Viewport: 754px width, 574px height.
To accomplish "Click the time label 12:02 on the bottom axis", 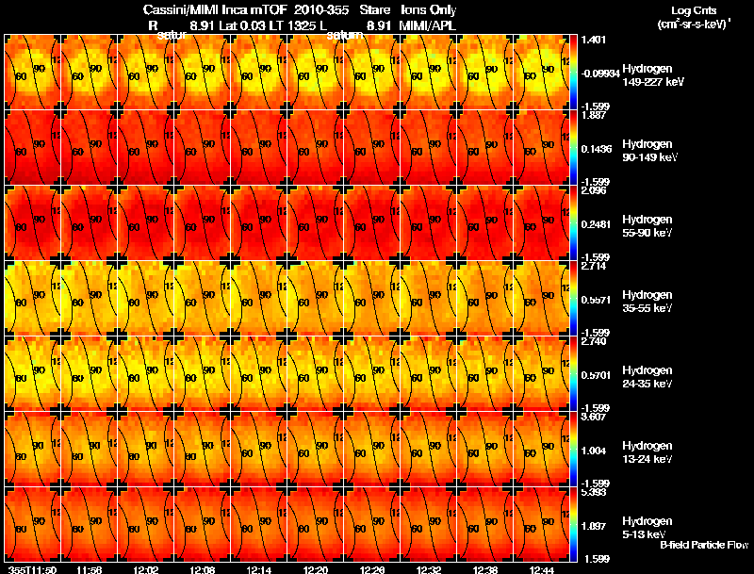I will [x=146, y=568].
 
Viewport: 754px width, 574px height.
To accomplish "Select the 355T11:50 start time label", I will [x=31, y=568].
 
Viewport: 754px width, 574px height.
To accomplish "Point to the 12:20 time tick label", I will [x=316, y=568].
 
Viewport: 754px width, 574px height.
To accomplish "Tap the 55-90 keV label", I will [x=647, y=232].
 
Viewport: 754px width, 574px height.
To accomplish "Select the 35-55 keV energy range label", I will [x=647, y=308].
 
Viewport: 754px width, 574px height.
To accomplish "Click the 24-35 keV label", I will [x=647, y=384].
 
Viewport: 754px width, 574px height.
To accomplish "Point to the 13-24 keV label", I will [x=647, y=459].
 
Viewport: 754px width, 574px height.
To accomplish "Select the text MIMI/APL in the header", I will [x=430, y=25].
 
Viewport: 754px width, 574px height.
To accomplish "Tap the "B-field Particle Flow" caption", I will [x=703, y=545].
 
